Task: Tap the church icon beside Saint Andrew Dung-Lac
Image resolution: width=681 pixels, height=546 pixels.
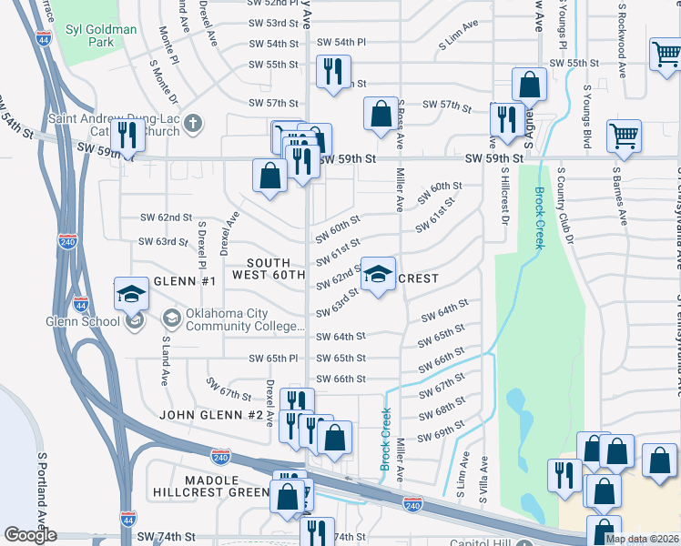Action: point(192,123)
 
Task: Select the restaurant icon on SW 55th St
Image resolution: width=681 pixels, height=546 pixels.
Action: point(332,71)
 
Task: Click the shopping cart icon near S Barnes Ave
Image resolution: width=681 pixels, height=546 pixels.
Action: point(624,136)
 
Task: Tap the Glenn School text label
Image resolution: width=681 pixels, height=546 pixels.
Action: point(84,320)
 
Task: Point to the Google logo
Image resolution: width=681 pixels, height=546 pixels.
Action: point(30,535)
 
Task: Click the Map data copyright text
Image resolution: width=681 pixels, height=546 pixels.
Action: point(641,539)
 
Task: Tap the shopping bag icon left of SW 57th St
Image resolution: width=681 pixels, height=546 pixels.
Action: point(381,115)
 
